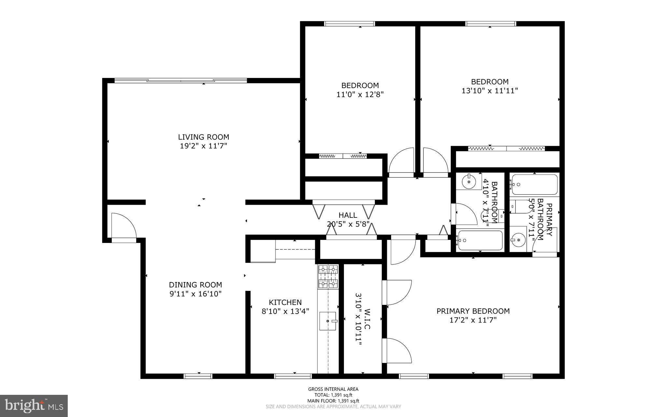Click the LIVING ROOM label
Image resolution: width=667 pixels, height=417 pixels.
[203, 137]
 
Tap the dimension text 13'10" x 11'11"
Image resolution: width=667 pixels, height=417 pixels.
[490, 91]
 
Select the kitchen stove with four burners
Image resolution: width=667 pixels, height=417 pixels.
[328, 276]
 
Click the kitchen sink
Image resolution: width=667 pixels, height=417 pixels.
[328, 321]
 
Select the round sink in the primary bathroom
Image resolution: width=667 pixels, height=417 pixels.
[518, 240]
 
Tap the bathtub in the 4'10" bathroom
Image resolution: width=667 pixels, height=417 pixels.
[480, 240]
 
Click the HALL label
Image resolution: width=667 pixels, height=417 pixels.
[348, 215]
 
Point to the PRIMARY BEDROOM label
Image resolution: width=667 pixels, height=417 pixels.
[473, 311]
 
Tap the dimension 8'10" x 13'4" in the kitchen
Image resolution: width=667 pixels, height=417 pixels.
[285, 311]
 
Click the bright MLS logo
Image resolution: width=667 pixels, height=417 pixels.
[34, 406]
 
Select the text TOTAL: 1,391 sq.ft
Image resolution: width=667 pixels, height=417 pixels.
[333, 395]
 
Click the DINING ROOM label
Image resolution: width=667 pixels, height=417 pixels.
[195, 285]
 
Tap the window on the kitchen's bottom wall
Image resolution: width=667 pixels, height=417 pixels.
[293, 376]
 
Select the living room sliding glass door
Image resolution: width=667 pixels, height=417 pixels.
[181, 80]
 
